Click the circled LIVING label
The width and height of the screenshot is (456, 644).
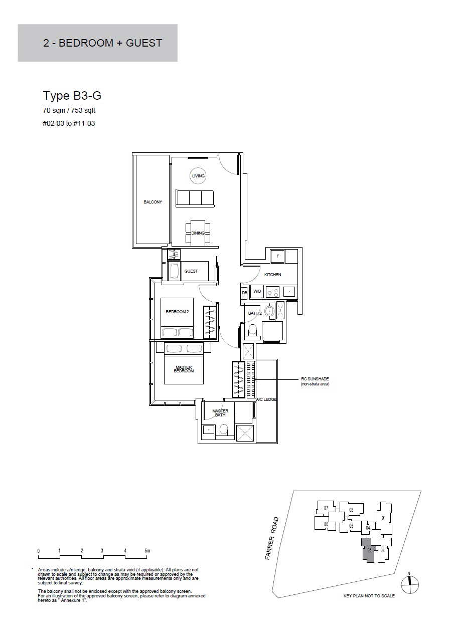pyautogui.click(x=198, y=176)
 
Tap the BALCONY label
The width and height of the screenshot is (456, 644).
pyautogui.click(x=153, y=202)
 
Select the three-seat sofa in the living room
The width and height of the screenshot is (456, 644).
pyautogui.click(x=195, y=198)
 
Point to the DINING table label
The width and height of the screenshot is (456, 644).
pyautogui.click(x=198, y=233)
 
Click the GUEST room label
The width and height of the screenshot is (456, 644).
pyautogui.click(x=191, y=271)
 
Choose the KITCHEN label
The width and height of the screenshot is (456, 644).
pyautogui.click(x=272, y=275)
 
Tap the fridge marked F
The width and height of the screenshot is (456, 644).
pyautogui.click(x=278, y=256)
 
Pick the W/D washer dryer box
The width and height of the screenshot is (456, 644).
pyautogui.click(x=257, y=292)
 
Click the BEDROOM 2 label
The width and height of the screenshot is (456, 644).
pyautogui.click(x=177, y=312)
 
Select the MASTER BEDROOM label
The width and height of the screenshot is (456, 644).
pyautogui.click(x=184, y=369)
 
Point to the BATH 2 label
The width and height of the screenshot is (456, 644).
pyautogui.click(x=255, y=313)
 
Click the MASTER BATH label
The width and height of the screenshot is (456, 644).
pyautogui.click(x=220, y=413)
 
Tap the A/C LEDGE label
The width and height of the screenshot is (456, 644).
pyautogui.click(x=266, y=399)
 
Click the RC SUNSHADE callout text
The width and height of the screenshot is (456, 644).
pyautogui.click(x=315, y=381)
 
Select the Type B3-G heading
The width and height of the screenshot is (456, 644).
pyautogui.click(x=72, y=96)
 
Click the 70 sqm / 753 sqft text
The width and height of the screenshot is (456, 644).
pyautogui.click(x=69, y=110)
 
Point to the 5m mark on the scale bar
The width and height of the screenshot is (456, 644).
pyautogui.click(x=147, y=551)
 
